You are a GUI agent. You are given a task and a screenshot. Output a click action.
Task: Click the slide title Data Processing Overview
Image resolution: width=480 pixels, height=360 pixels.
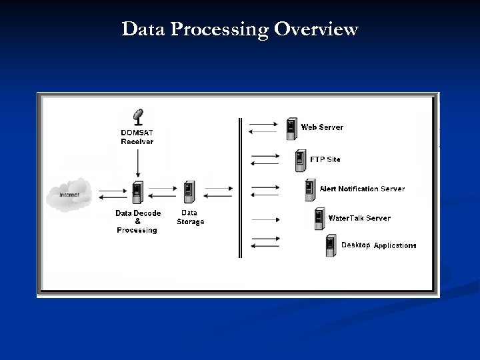[240, 29]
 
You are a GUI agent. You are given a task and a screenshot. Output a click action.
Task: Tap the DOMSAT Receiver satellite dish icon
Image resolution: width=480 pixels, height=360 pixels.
[139, 117]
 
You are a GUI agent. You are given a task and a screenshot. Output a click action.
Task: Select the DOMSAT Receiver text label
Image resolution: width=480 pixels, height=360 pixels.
[137, 137]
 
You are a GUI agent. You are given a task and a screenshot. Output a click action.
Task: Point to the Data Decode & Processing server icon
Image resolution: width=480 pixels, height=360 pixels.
[137, 193]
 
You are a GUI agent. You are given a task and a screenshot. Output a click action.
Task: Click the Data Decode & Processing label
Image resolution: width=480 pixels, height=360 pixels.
[137, 221]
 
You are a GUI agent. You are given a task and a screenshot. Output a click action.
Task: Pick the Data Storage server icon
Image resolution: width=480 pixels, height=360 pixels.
[189, 193]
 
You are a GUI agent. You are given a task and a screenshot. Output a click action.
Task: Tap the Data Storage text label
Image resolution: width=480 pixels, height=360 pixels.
[190, 217]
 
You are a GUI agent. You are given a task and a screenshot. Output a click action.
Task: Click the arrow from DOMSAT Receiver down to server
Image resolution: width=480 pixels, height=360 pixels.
[137, 163]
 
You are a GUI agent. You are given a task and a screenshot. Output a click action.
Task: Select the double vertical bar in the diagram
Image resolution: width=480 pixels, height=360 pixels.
[241, 187]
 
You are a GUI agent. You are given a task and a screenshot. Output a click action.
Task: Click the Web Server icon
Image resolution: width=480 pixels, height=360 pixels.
[291, 129]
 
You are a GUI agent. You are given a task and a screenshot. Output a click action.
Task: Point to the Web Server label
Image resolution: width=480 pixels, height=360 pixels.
[322, 127]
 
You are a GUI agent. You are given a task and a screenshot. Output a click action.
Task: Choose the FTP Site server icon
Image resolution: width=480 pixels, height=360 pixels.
[301, 160]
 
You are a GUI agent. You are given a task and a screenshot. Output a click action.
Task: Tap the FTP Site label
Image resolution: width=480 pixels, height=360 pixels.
[325, 159]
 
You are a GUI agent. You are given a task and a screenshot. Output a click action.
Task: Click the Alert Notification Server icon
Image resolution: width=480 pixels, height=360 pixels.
[310, 189]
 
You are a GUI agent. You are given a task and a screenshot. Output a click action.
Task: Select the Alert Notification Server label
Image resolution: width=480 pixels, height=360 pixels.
[362, 189]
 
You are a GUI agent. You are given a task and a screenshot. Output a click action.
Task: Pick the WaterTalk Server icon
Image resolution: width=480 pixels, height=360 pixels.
[320, 219]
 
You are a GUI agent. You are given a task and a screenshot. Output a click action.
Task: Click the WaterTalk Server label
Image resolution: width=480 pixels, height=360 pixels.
[359, 218]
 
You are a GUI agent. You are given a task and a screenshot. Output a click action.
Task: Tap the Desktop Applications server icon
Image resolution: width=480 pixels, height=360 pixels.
[331, 246]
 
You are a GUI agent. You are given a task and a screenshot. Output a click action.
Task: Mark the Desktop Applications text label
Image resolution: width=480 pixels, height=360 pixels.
[379, 245]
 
